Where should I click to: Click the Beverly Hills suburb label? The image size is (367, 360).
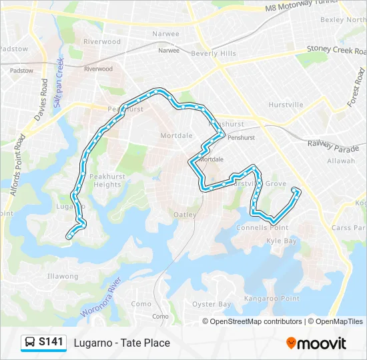pyautogui.click(x=214, y=53)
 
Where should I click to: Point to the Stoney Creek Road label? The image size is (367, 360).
pyautogui.click(x=337, y=49)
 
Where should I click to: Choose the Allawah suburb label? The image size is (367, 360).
pyautogui.click(x=341, y=161)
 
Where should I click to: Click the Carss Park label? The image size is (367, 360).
pyautogui.click(x=350, y=227)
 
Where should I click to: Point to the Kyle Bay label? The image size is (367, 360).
pyautogui.click(x=281, y=241)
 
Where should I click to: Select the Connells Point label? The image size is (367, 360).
pyautogui.click(x=262, y=227)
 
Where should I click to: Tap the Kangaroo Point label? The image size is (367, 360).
pyautogui.click(x=272, y=299)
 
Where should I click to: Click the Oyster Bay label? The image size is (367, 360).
pyautogui.click(x=212, y=304)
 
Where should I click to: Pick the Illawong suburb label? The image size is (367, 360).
pyautogui.click(x=63, y=276)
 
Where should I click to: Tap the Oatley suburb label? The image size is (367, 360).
pyautogui.click(x=185, y=215)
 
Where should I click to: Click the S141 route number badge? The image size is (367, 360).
pyautogui.click(x=51, y=343)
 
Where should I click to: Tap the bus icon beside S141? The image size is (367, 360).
pyautogui.click(x=31, y=343)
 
